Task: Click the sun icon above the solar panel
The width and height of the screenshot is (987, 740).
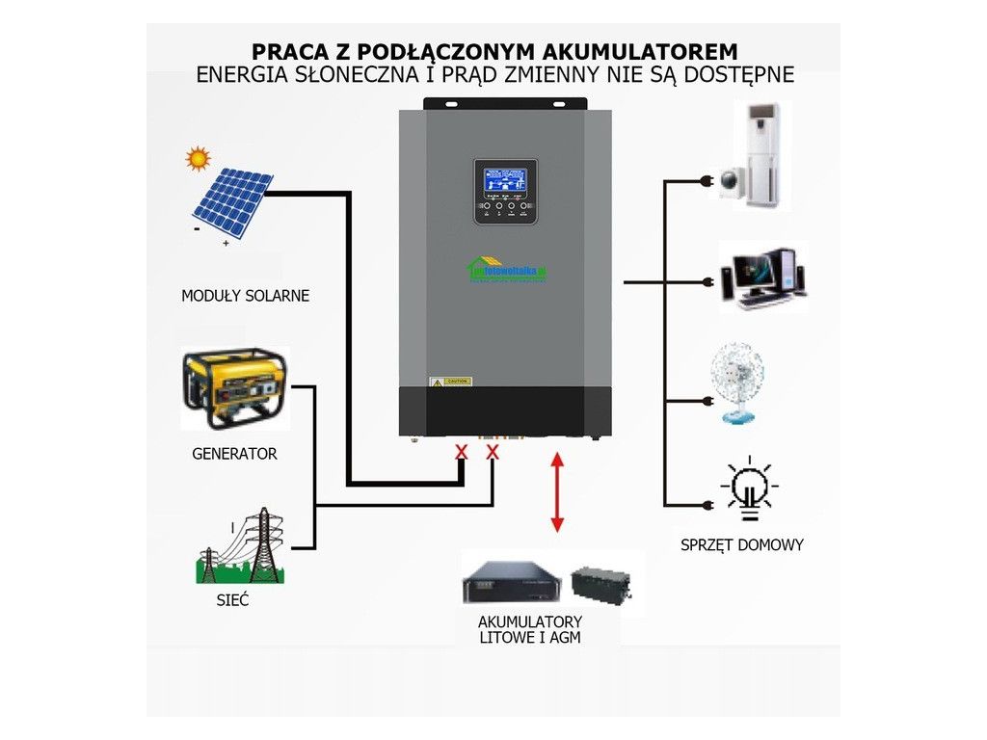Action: [198, 157]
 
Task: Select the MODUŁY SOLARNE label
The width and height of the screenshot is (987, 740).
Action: [245, 296]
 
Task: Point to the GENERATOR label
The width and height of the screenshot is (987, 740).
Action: [234, 453]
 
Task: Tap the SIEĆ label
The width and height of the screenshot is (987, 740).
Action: [232, 600]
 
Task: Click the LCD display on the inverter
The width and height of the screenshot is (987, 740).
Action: [505, 182]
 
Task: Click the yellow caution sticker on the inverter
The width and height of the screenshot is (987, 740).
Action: [450, 382]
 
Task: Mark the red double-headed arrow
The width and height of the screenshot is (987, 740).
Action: [556, 491]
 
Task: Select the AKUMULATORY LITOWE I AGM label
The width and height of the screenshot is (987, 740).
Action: [529, 629]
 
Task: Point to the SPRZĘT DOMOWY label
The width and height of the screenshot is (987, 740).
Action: [741, 545]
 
